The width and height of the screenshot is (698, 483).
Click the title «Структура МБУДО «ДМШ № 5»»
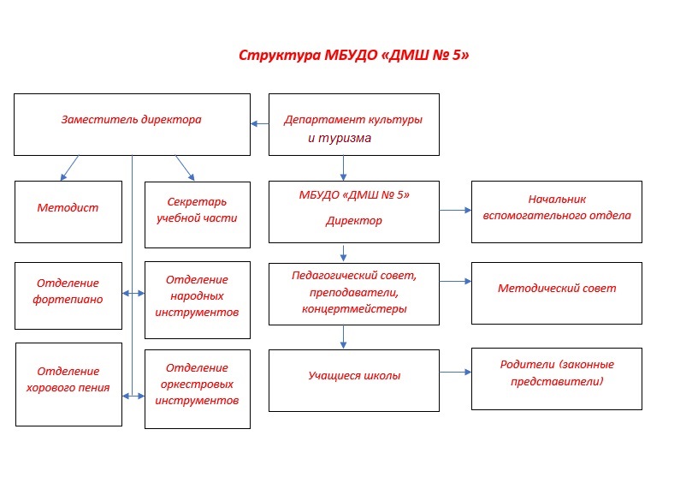[354, 55]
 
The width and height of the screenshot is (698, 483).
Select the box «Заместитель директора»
[133, 124]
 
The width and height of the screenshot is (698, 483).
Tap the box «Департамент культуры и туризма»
[354, 124]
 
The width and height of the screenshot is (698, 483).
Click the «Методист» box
[68, 212]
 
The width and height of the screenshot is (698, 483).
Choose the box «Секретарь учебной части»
[198, 215]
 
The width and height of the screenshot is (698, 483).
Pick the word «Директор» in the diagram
[354, 221]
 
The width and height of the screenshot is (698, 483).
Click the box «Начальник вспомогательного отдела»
[557, 212]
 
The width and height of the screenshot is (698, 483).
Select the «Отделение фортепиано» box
[68, 295]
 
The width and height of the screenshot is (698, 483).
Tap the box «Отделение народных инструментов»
[198, 300]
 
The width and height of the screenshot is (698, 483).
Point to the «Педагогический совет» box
[354, 294]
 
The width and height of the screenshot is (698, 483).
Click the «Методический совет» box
[557, 293]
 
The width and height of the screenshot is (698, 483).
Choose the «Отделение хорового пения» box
[68, 385]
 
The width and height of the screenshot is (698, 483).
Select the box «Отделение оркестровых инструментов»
[198, 389]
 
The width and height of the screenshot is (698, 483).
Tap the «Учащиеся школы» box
[354, 380]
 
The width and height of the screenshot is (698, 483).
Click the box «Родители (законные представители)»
[557, 379]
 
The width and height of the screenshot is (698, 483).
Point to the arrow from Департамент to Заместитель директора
[259, 124]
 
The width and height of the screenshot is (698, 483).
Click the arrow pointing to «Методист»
[69, 168]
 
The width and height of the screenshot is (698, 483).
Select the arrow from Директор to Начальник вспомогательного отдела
[455, 210]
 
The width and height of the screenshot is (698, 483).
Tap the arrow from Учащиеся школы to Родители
[455, 372]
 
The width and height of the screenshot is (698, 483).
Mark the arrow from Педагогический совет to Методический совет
[455, 281]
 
